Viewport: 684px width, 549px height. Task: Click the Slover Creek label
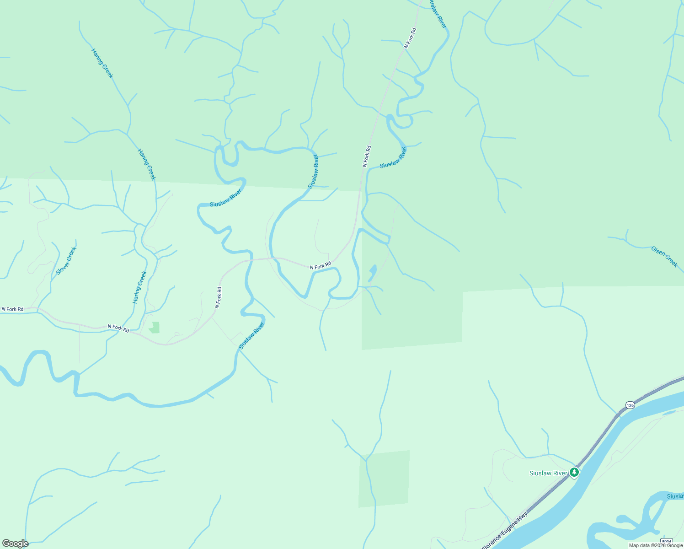[x=66, y=261]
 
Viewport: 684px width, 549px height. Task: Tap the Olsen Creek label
[x=664, y=256]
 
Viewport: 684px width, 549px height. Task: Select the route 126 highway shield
[x=630, y=405]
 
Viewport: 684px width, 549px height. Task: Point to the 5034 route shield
[x=666, y=541]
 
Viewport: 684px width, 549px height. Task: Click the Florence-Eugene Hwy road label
[x=505, y=531]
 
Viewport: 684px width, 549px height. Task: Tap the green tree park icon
[x=574, y=473]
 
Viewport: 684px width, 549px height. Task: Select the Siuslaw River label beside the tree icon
[x=548, y=473]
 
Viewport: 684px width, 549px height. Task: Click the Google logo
[x=15, y=544]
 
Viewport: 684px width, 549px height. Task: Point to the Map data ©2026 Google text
[x=656, y=545]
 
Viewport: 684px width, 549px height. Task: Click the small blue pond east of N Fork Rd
[x=372, y=273]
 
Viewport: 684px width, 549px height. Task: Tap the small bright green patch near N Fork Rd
[x=155, y=328]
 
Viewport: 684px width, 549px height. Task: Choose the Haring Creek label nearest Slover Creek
[x=139, y=287]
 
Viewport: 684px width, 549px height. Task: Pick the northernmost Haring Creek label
[x=102, y=63]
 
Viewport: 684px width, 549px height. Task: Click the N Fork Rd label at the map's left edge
[x=12, y=309]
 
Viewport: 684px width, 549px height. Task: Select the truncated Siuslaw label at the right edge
[x=675, y=496]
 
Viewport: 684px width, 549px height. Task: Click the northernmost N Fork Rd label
[x=410, y=38]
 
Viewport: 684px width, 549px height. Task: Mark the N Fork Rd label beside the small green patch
[x=118, y=328]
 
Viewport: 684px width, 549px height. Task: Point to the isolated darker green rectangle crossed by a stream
[x=384, y=479]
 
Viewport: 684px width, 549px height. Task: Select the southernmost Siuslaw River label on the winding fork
[x=251, y=336]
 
